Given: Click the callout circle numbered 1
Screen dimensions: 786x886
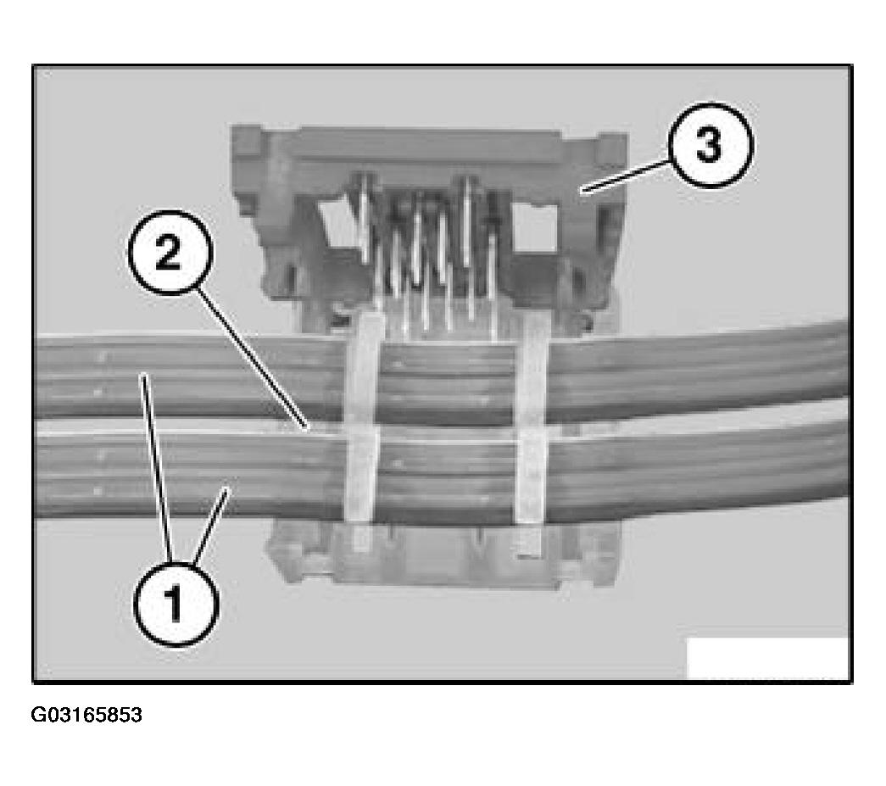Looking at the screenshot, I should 175,604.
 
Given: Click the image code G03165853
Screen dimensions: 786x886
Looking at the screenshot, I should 86,715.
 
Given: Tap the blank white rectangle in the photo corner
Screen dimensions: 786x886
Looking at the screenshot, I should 767,658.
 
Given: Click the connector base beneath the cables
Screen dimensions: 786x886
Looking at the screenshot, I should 441,555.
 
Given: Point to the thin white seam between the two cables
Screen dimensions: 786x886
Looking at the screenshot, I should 441,435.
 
